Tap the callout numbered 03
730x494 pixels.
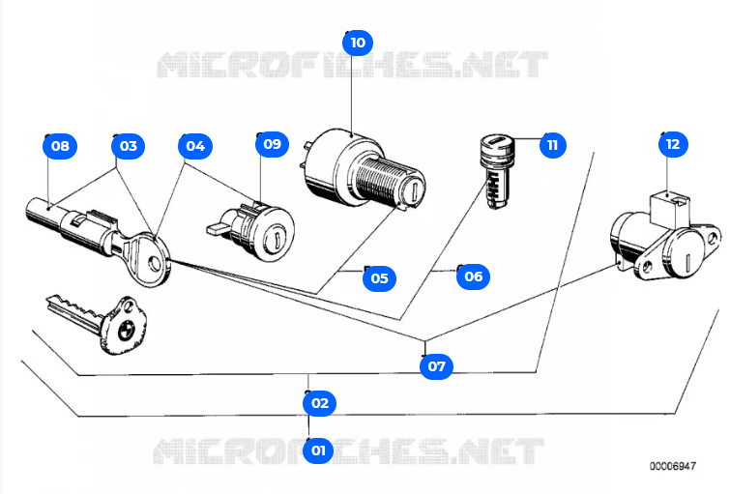pos(127,146)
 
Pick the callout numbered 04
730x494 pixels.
pos(195,146)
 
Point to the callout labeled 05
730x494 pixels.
pos(379,278)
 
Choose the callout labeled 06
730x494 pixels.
pos(472,276)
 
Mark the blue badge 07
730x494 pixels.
pos(437,365)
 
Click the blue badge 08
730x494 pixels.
pos(60,146)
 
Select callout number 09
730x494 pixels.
pos(272,144)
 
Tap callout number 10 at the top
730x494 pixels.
pos(358,43)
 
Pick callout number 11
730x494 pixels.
pos(551,145)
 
